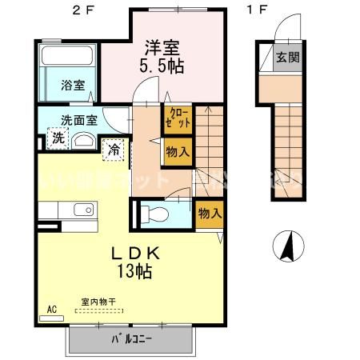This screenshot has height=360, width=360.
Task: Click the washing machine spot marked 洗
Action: tap(58, 138)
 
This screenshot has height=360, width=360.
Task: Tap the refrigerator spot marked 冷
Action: tap(114, 148)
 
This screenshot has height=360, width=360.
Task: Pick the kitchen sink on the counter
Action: tap(82, 210)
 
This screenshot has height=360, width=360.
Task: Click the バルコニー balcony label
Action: tap(132, 338)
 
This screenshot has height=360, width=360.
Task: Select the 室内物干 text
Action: tap(98, 302)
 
